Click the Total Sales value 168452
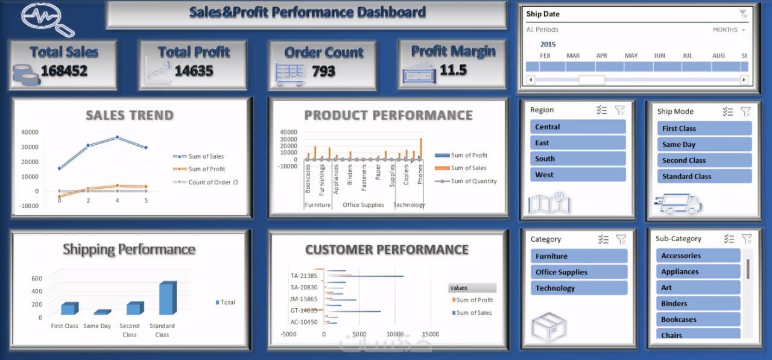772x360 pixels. pos(64,71)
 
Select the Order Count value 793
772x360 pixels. pos(323,72)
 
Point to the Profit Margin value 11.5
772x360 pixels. pos(453,70)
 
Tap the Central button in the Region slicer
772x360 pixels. pos(578,127)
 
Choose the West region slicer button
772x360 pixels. pos(578,175)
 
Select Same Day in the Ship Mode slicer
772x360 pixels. pos(704,145)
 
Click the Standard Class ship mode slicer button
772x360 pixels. pos(704,177)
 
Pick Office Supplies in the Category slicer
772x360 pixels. pos(578,272)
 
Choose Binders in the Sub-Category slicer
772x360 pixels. pos(698,304)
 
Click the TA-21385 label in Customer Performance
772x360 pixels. pos(303,276)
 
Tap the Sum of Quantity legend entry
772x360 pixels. pos(473,181)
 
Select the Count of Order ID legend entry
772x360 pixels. pos(213,182)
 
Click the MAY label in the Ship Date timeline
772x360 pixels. pos(631,55)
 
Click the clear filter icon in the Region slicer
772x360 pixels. pos(620,110)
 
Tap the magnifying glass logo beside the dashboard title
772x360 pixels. pos(47,19)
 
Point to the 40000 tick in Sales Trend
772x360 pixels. pos(30,132)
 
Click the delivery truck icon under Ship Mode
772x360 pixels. pos(680,204)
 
